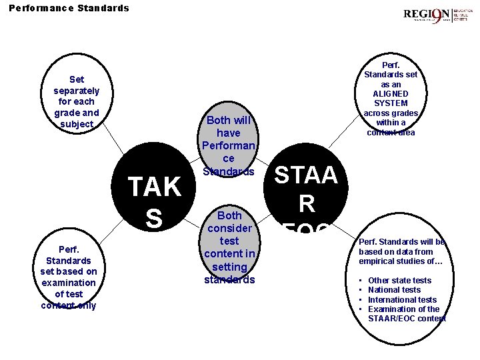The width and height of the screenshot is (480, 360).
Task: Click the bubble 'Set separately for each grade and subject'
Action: coord(77,101)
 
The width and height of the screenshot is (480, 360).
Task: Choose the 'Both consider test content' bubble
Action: coord(229,247)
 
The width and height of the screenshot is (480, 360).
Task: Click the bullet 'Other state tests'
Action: coord(399,281)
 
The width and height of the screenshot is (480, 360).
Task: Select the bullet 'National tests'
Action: coord(394,290)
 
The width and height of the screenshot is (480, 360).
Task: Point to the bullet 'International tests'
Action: coord(402,299)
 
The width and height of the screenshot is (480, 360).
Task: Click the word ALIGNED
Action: coord(391,94)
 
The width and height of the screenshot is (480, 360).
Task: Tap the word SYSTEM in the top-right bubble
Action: coord(391,103)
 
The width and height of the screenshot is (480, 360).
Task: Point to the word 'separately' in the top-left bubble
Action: coord(77,91)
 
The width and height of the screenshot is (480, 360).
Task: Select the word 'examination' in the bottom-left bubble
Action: coord(68,283)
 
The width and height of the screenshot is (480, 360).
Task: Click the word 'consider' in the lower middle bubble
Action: coord(229,228)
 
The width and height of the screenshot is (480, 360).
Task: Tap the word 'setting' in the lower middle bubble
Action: coord(229,266)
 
